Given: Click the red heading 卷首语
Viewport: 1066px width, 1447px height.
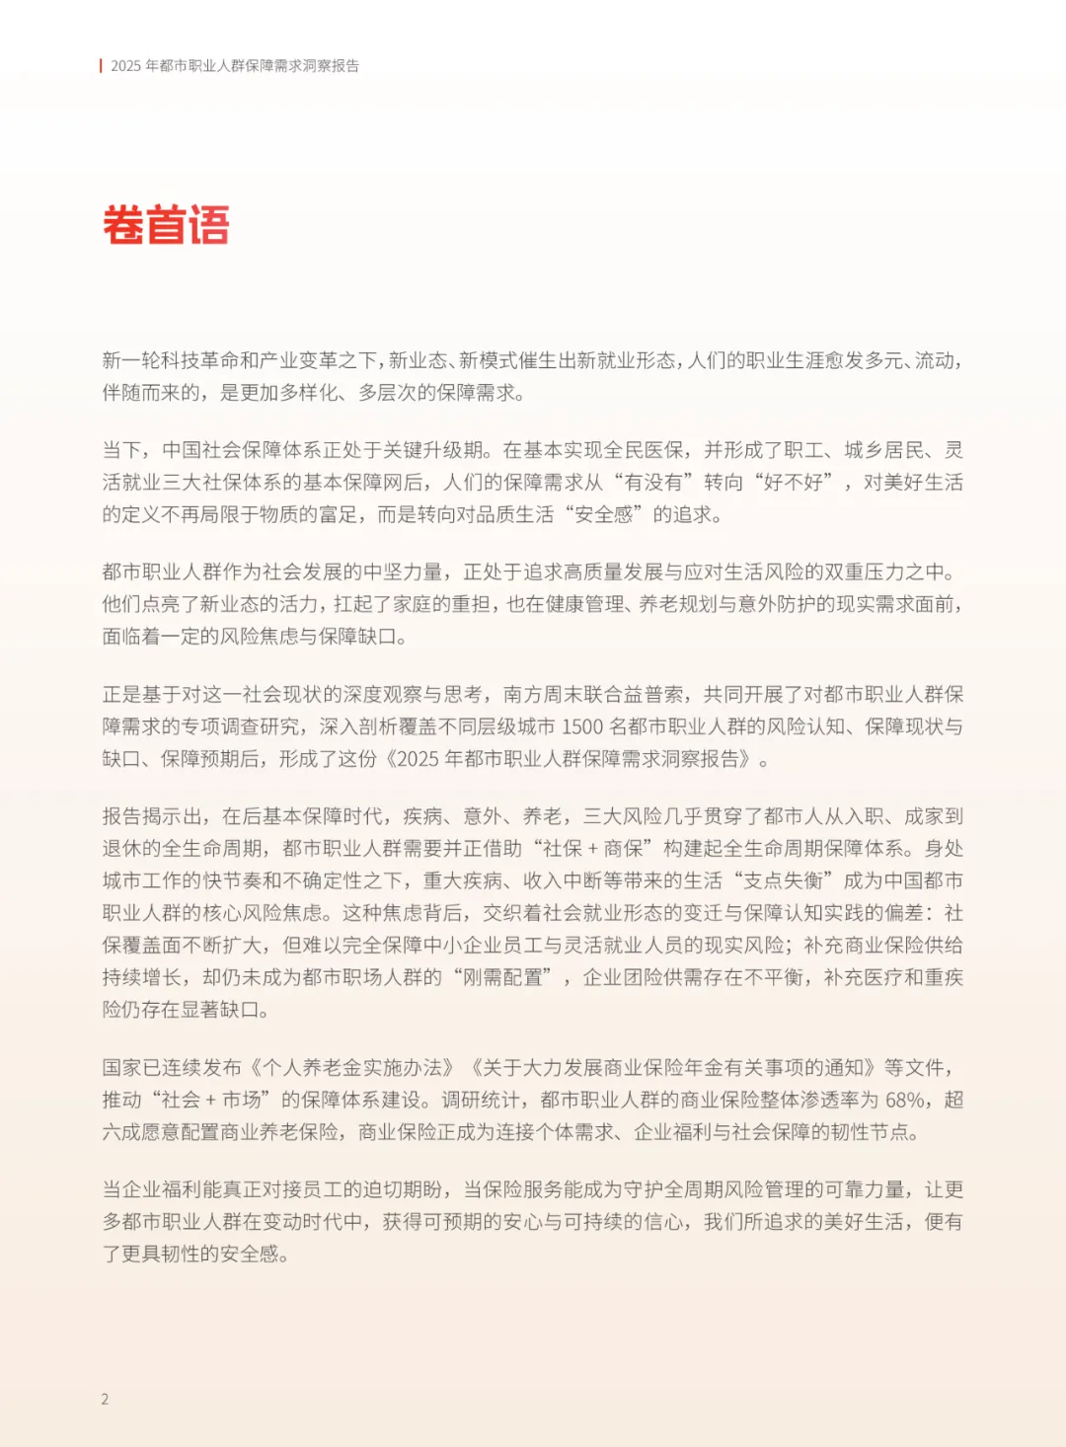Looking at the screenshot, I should [166, 225].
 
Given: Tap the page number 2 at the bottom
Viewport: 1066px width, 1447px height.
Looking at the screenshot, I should [105, 1399].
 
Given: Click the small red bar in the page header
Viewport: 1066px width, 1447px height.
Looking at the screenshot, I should [101, 66].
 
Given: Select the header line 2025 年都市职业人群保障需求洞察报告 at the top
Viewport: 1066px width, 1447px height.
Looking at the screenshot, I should [235, 66].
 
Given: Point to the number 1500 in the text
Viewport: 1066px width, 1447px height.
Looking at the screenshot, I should [581, 726].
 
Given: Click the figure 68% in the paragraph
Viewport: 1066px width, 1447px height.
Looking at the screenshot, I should [905, 1100].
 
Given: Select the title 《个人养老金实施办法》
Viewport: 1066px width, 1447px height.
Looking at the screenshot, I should [352, 1068].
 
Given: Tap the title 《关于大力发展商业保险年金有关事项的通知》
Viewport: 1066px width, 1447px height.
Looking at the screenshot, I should [673, 1068].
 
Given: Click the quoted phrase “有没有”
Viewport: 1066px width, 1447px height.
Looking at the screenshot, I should [647, 483].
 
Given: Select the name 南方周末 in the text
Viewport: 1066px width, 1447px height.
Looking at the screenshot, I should [542, 695].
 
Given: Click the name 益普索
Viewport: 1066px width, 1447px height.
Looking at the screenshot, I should [652, 695].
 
